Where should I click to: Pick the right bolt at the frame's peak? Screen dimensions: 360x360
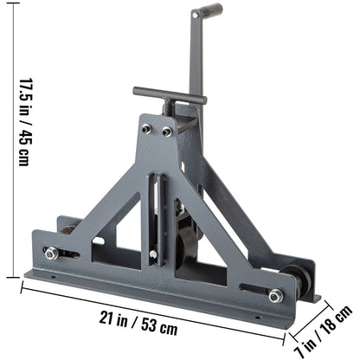[167, 131]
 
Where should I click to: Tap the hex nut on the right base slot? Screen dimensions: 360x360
[275, 296]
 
